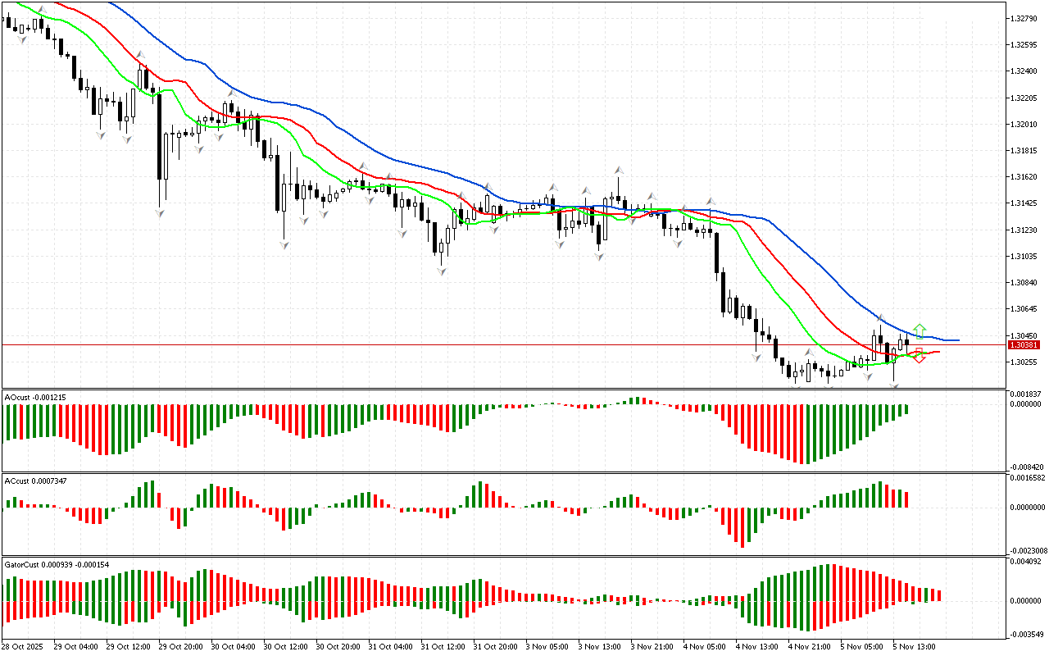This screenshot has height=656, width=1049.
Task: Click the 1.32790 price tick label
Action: click(1024, 18)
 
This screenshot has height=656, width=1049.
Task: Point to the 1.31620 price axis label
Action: click(1024, 177)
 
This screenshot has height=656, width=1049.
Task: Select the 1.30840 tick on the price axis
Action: click(1024, 283)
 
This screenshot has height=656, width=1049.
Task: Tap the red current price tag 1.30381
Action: click(1024, 345)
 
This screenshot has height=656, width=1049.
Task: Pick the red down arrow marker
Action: click(920, 356)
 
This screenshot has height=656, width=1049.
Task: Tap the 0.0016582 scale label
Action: click(1029, 477)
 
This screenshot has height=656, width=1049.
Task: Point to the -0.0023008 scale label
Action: click(1029, 550)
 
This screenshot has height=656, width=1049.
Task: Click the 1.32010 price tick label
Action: click(1024, 125)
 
